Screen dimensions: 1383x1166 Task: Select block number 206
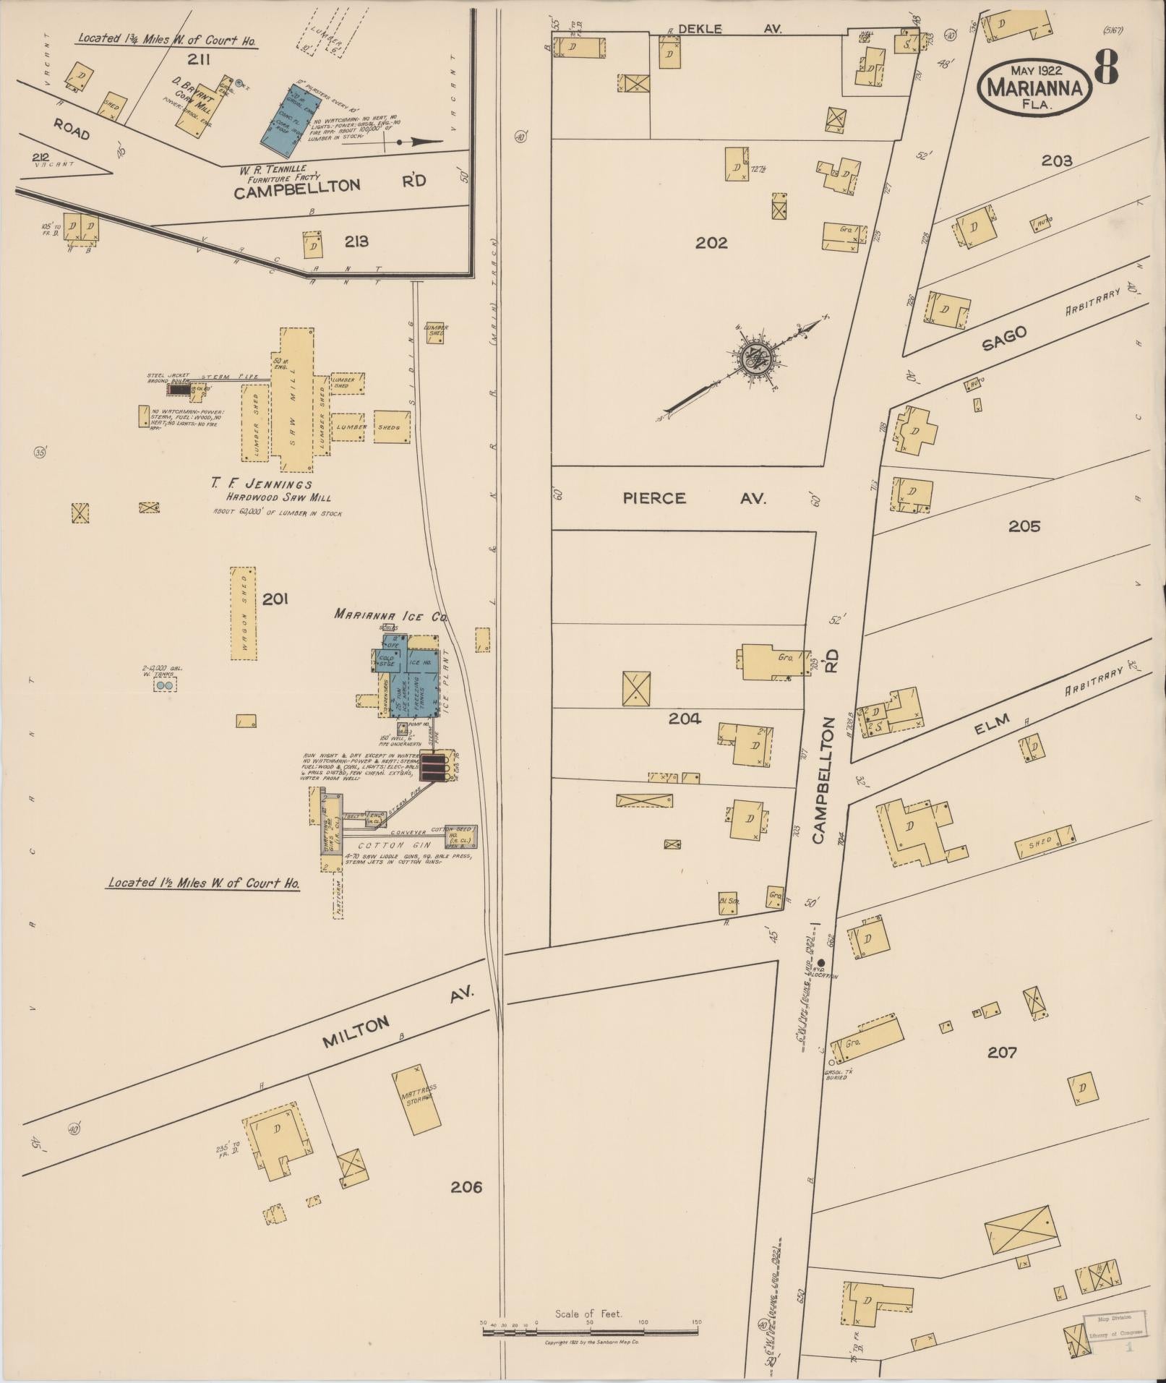pos(466,1186)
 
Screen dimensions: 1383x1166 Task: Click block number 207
pos(1002,1052)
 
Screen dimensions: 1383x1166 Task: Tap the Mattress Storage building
pos(417,1100)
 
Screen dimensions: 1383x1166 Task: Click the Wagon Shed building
pos(244,613)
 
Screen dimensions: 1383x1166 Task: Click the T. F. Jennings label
pos(262,484)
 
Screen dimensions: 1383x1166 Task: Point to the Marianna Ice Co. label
pos(390,615)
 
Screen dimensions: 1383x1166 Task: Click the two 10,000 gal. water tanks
pos(165,684)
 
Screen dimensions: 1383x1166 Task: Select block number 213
pos(356,241)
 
